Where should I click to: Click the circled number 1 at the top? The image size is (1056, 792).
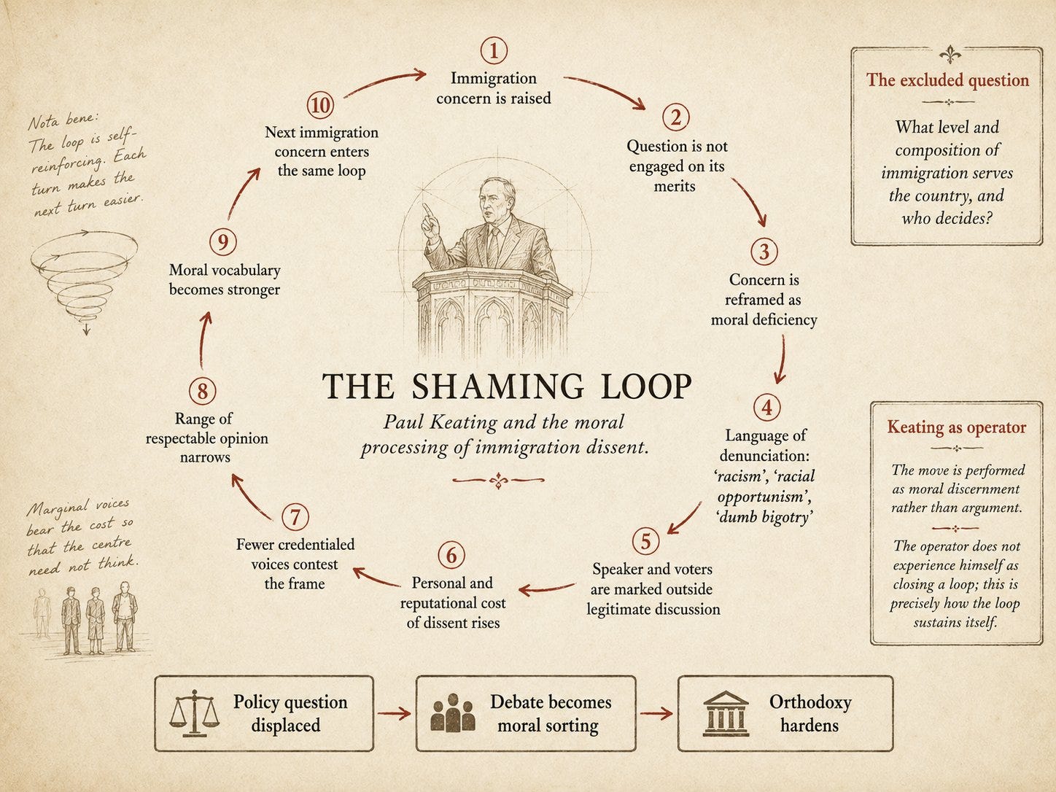point(494,50)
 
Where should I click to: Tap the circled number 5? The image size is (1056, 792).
point(645,541)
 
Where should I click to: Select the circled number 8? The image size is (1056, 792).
point(203,390)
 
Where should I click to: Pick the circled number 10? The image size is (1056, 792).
point(320,105)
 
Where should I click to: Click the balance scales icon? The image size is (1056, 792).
point(195,714)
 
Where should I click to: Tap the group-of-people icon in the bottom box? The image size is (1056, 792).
point(453,713)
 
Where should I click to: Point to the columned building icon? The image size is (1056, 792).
point(726,714)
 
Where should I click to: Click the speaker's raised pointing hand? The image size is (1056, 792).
point(430,221)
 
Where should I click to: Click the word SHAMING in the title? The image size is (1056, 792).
point(498,386)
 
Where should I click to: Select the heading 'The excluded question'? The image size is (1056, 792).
point(947,79)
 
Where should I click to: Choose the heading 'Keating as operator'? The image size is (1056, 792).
point(956,427)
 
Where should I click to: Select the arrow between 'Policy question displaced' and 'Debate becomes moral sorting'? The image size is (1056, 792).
point(394,714)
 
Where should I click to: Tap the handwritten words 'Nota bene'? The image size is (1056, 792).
point(63,121)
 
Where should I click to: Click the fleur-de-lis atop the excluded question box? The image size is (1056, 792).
point(950,55)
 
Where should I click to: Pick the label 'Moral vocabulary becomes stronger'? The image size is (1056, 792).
point(224,280)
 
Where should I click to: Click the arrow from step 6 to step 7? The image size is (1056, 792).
point(377,577)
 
